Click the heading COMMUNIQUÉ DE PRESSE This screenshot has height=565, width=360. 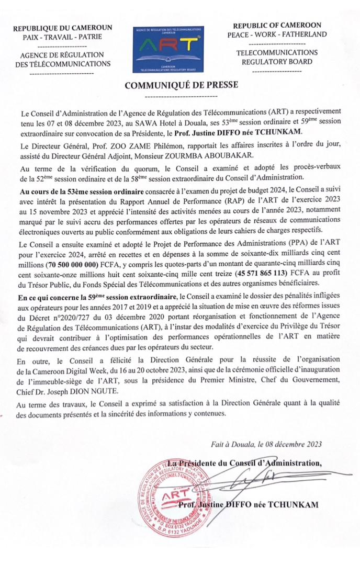(x=179, y=84)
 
